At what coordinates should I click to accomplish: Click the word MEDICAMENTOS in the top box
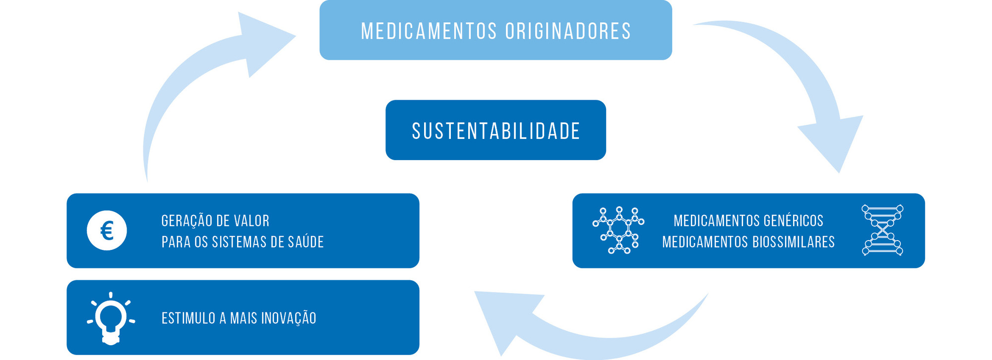(429, 31)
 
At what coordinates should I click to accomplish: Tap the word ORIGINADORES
(568, 31)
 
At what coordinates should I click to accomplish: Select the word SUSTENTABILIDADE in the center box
(496, 131)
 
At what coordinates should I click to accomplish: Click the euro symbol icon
(107, 231)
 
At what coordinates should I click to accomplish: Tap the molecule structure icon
(618, 231)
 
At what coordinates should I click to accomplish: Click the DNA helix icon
(882, 230)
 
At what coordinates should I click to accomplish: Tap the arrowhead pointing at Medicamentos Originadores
(263, 42)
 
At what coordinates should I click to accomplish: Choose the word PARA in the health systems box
(172, 242)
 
